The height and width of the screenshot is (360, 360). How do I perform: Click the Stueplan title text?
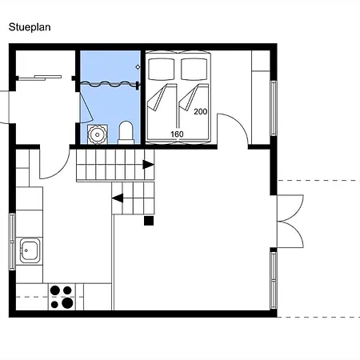click(x=30, y=27)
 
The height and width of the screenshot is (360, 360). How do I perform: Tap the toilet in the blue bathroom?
click(x=126, y=132)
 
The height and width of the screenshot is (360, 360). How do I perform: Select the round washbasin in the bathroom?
click(x=98, y=134)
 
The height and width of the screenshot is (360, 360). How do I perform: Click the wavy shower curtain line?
click(x=110, y=84)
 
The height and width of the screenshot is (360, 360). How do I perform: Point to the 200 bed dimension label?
click(x=201, y=111)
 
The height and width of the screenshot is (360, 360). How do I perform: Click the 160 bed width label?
click(x=177, y=134)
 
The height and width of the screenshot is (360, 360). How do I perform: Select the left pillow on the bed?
click(x=162, y=69)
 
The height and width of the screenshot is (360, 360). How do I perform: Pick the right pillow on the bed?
click(x=194, y=69)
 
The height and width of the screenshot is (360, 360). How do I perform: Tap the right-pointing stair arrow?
click(x=149, y=165)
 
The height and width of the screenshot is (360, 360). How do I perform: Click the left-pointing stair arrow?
click(x=118, y=198)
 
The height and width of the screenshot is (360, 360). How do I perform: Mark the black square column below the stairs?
click(x=149, y=221)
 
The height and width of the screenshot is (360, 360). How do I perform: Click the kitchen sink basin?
click(x=29, y=250)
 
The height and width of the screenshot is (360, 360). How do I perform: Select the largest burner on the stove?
click(x=67, y=303)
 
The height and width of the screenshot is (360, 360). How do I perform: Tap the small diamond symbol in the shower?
click(x=138, y=67)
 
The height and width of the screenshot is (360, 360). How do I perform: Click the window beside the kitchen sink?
click(x=12, y=242)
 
